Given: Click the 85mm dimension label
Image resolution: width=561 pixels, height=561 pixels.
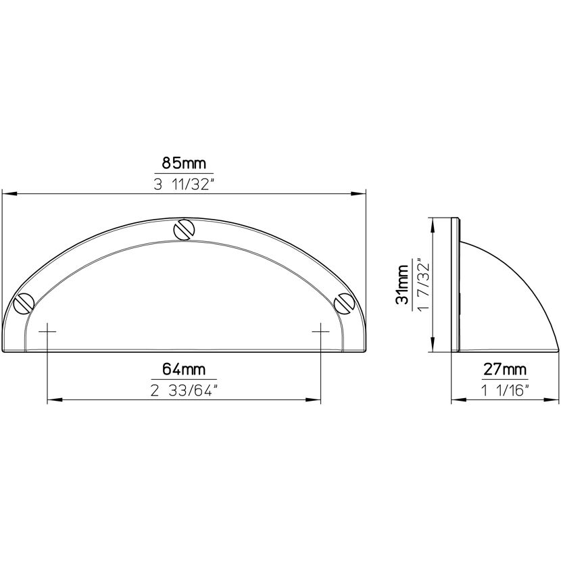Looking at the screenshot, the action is pyautogui.click(x=184, y=164).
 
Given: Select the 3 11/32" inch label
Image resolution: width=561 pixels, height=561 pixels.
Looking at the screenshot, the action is pyautogui.click(x=184, y=185).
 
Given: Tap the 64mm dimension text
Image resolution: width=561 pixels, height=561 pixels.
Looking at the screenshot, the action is pyautogui.click(x=184, y=369).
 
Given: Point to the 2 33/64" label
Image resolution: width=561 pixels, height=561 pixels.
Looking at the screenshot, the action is pyautogui.click(x=184, y=391).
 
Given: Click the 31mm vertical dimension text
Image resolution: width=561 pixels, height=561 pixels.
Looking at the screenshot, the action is pyautogui.click(x=402, y=285).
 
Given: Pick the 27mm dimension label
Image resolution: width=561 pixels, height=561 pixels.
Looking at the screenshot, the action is pyautogui.click(x=505, y=369).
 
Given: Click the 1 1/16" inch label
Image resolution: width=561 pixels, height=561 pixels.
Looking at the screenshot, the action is pyautogui.click(x=505, y=391).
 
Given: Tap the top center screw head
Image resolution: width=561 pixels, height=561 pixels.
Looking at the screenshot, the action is pyautogui.click(x=184, y=229).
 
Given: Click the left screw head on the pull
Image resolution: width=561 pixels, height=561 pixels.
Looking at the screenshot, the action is pyautogui.click(x=24, y=303).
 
